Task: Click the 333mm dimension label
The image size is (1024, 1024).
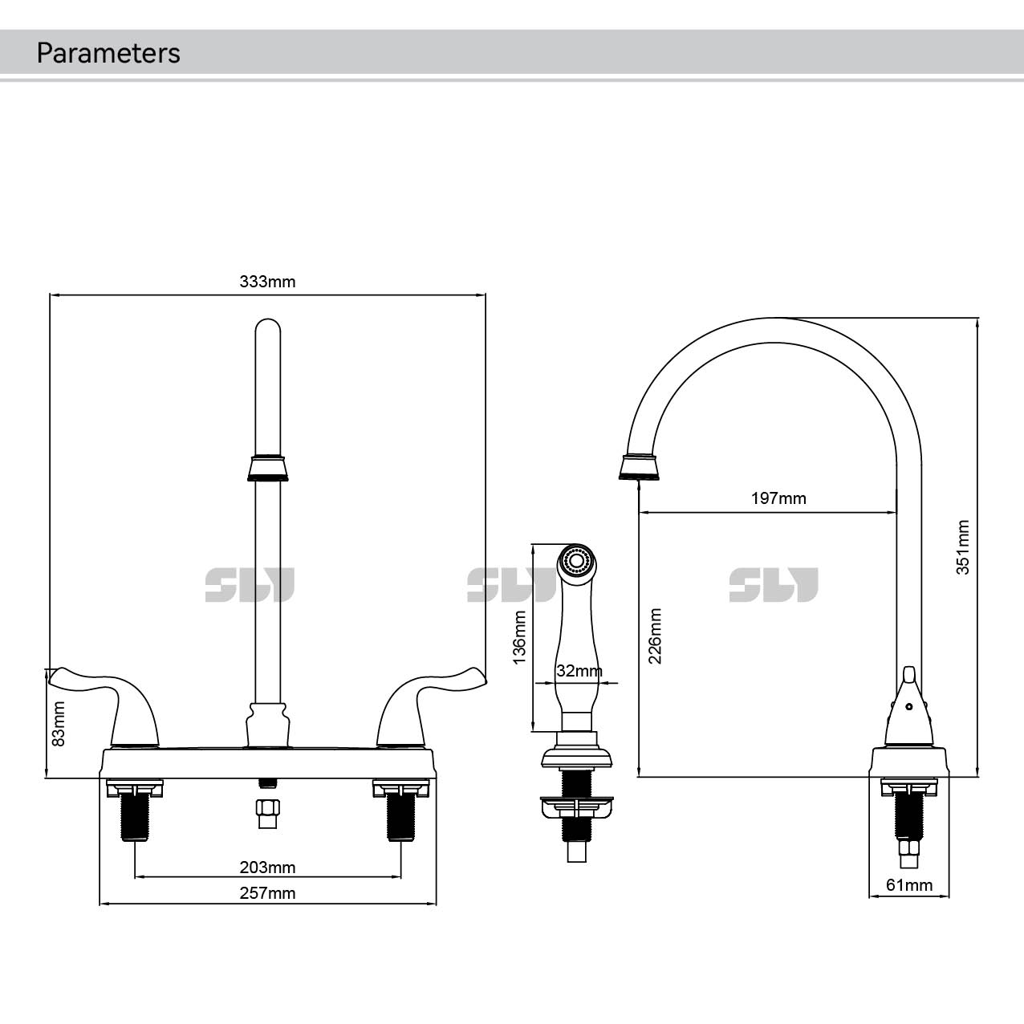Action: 267,282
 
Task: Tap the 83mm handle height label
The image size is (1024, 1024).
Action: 58,725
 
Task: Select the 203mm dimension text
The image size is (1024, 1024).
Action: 267,868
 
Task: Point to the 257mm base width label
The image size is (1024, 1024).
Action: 267,893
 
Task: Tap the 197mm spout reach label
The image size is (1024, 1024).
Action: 778,498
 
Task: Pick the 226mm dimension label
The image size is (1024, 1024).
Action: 656,636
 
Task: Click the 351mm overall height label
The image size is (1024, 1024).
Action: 963,548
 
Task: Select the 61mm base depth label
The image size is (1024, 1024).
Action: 909,885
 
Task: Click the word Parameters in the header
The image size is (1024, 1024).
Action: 108,53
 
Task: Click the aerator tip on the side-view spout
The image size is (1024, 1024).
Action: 640,467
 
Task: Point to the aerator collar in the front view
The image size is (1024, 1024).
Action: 267,468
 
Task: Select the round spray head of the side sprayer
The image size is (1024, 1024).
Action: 578,559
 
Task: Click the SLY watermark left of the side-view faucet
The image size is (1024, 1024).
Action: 774,585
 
